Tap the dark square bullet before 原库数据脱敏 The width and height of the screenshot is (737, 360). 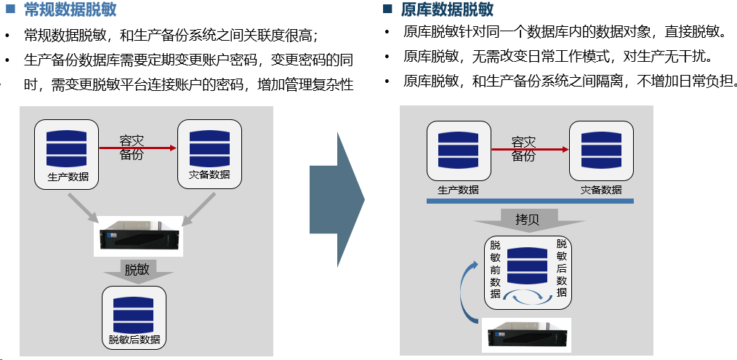point(387,9)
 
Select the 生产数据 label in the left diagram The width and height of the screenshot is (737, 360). point(68,176)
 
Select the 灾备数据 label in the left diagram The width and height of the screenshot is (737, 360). point(209,175)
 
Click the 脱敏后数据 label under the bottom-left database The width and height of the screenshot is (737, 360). point(134,340)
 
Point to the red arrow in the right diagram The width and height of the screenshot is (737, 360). point(531,150)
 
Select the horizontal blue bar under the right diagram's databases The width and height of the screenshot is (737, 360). point(530,201)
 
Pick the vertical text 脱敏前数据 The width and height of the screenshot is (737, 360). point(495,269)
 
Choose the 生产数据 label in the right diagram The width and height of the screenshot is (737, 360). point(459,190)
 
